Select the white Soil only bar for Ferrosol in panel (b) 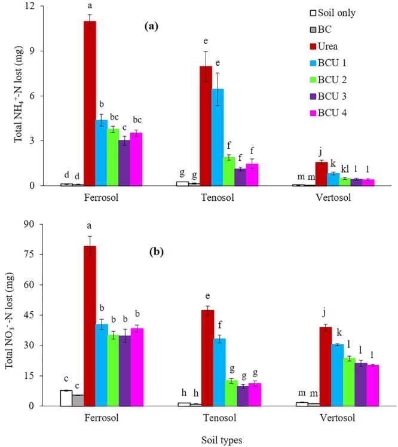[66, 398]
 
